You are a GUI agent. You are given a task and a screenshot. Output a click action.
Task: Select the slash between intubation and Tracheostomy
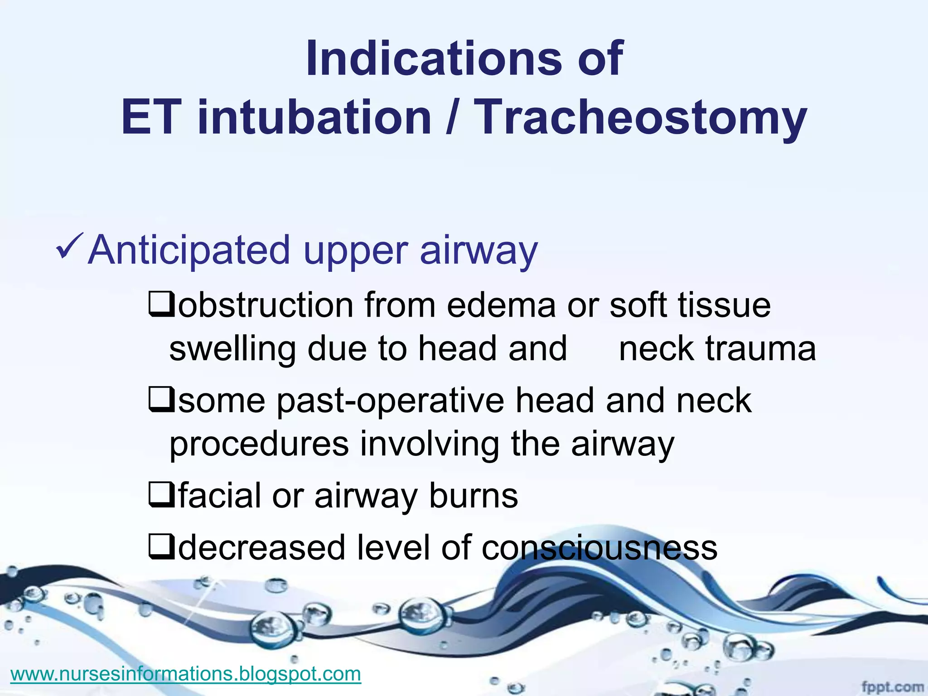coord(450,118)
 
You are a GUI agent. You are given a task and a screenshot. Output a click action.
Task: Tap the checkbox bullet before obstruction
coord(160,304)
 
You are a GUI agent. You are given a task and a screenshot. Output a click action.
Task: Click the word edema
coord(501,304)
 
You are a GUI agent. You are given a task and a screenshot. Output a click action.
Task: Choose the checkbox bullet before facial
coord(160,495)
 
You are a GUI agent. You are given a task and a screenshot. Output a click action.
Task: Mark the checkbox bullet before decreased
coord(160,547)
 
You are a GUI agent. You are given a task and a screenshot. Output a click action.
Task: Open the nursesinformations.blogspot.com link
coord(186,674)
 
